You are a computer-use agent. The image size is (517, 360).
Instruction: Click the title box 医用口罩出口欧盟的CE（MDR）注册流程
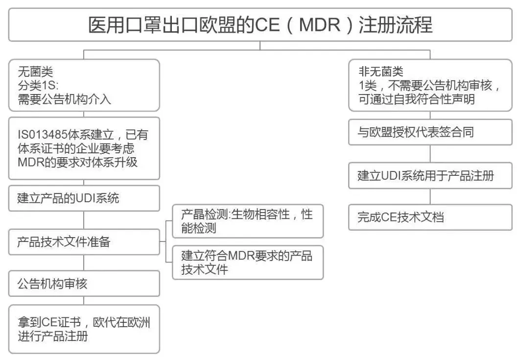tap(260, 25)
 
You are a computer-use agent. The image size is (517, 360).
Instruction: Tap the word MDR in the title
tap(320, 25)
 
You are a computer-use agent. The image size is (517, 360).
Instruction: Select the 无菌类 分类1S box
tap(84, 85)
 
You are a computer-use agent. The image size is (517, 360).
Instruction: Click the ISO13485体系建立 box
tap(84, 148)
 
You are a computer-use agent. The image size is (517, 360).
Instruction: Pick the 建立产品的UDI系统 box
tap(84, 198)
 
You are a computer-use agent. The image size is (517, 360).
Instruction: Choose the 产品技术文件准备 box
tap(84, 242)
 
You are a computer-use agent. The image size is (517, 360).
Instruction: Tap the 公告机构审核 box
tap(84, 284)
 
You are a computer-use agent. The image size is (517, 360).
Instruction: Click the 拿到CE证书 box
tap(84, 329)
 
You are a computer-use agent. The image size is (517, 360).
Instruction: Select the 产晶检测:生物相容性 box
tap(248, 221)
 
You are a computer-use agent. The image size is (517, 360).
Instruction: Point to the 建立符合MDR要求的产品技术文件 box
tap(248, 263)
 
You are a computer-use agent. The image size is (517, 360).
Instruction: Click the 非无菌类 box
tap(430, 85)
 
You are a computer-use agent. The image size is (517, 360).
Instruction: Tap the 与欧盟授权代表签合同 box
tap(430, 132)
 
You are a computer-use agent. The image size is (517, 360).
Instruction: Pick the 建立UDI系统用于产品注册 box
tap(430, 175)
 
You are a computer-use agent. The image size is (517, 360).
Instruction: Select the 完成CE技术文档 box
tap(430, 217)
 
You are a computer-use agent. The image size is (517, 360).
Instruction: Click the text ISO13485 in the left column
tap(42, 135)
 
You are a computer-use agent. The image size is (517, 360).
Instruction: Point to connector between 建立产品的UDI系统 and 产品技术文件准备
tap(84, 220)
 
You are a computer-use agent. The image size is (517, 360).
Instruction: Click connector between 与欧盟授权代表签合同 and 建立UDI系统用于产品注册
tap(430, 154)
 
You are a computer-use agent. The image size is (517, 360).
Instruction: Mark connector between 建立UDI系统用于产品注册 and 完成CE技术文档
tap(430, 196)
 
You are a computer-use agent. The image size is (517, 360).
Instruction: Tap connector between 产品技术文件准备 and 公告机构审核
tap(84, 263)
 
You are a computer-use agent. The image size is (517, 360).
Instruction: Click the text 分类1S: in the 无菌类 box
tap(38, 85)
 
